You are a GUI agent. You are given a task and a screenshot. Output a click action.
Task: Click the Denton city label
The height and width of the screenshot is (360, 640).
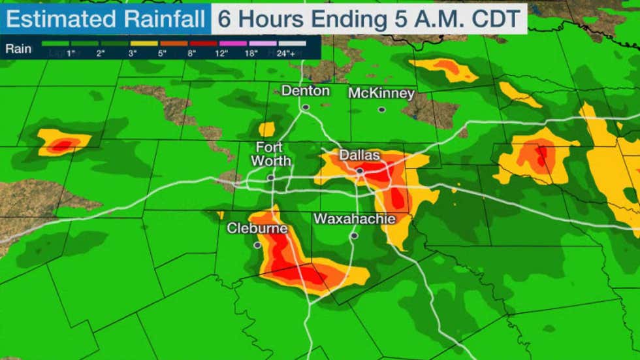pyautogui.click(x=306, y=91)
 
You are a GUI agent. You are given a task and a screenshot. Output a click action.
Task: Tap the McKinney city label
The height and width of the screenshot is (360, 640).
pyautogui.click(x=381, y=93)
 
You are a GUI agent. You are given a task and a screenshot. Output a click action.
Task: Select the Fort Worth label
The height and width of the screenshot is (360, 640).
pyautogui.click(x=269, y=154)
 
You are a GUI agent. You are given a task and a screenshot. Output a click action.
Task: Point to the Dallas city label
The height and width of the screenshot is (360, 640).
pyautogui.click(x=359, y=155)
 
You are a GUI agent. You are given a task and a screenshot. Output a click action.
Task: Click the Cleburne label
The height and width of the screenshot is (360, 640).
pyautogui.click(x=257, y=229)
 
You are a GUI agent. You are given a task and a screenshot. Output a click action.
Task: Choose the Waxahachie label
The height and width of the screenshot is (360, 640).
pyautogui.click(x=355, y=219)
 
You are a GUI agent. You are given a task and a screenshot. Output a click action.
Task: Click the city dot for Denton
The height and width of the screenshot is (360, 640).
pyautogui.click(x=306, y=107)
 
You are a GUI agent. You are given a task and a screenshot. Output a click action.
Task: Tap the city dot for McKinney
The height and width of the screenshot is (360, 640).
pyautogui.click(x=381, y=110)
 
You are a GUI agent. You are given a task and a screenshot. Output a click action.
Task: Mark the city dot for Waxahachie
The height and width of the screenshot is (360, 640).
pyautogui.click(x=354, y=236)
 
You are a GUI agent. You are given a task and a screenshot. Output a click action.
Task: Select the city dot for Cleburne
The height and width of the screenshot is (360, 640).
pyautogui.click(x=257, y=245)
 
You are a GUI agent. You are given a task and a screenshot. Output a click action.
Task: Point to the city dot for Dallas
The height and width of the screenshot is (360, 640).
pyautogui.click(x=359, y=171)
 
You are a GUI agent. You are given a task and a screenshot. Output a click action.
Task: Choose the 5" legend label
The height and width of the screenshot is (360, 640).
pyautogui.click(x=163, y=53)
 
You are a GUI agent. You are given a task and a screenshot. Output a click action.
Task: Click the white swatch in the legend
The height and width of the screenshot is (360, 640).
pyautogui.click(x=291, y=44)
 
